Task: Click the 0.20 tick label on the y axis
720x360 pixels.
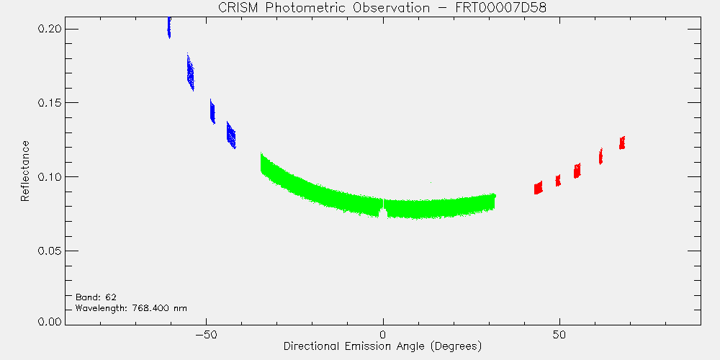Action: (50, 30)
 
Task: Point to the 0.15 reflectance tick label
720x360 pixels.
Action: (50, 103)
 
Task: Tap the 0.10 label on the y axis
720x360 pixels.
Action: (50, 177)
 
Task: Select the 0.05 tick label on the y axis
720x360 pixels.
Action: (50, 251)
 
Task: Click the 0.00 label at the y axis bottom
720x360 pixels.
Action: (50, 321)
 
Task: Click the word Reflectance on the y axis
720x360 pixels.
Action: (24, 171)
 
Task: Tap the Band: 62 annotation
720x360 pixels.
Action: (93, 297)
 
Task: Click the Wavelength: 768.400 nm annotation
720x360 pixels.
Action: (131, 308)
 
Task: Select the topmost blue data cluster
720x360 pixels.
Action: (169, 27)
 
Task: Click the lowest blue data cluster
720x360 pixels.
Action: (231, 135)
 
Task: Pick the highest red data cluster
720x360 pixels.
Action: (622, 143)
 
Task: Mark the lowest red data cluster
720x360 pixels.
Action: (538, 187)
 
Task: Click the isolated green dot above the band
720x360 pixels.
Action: (431, 183)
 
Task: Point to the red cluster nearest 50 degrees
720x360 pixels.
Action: (558, 181)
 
